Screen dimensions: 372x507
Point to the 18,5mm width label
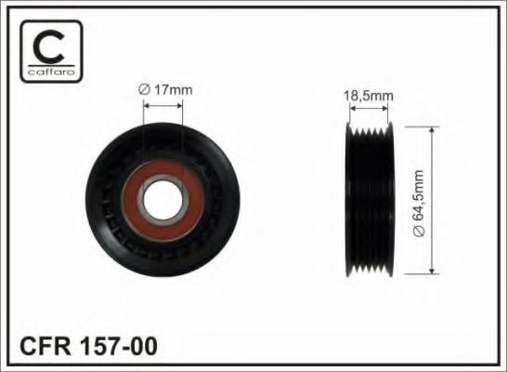click(x=369, y=94)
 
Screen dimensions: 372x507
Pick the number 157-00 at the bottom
click(x=123, y=347)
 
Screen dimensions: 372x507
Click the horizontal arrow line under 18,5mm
click(x=370, y=108)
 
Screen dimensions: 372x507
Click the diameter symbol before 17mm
click(x=144, y=89)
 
